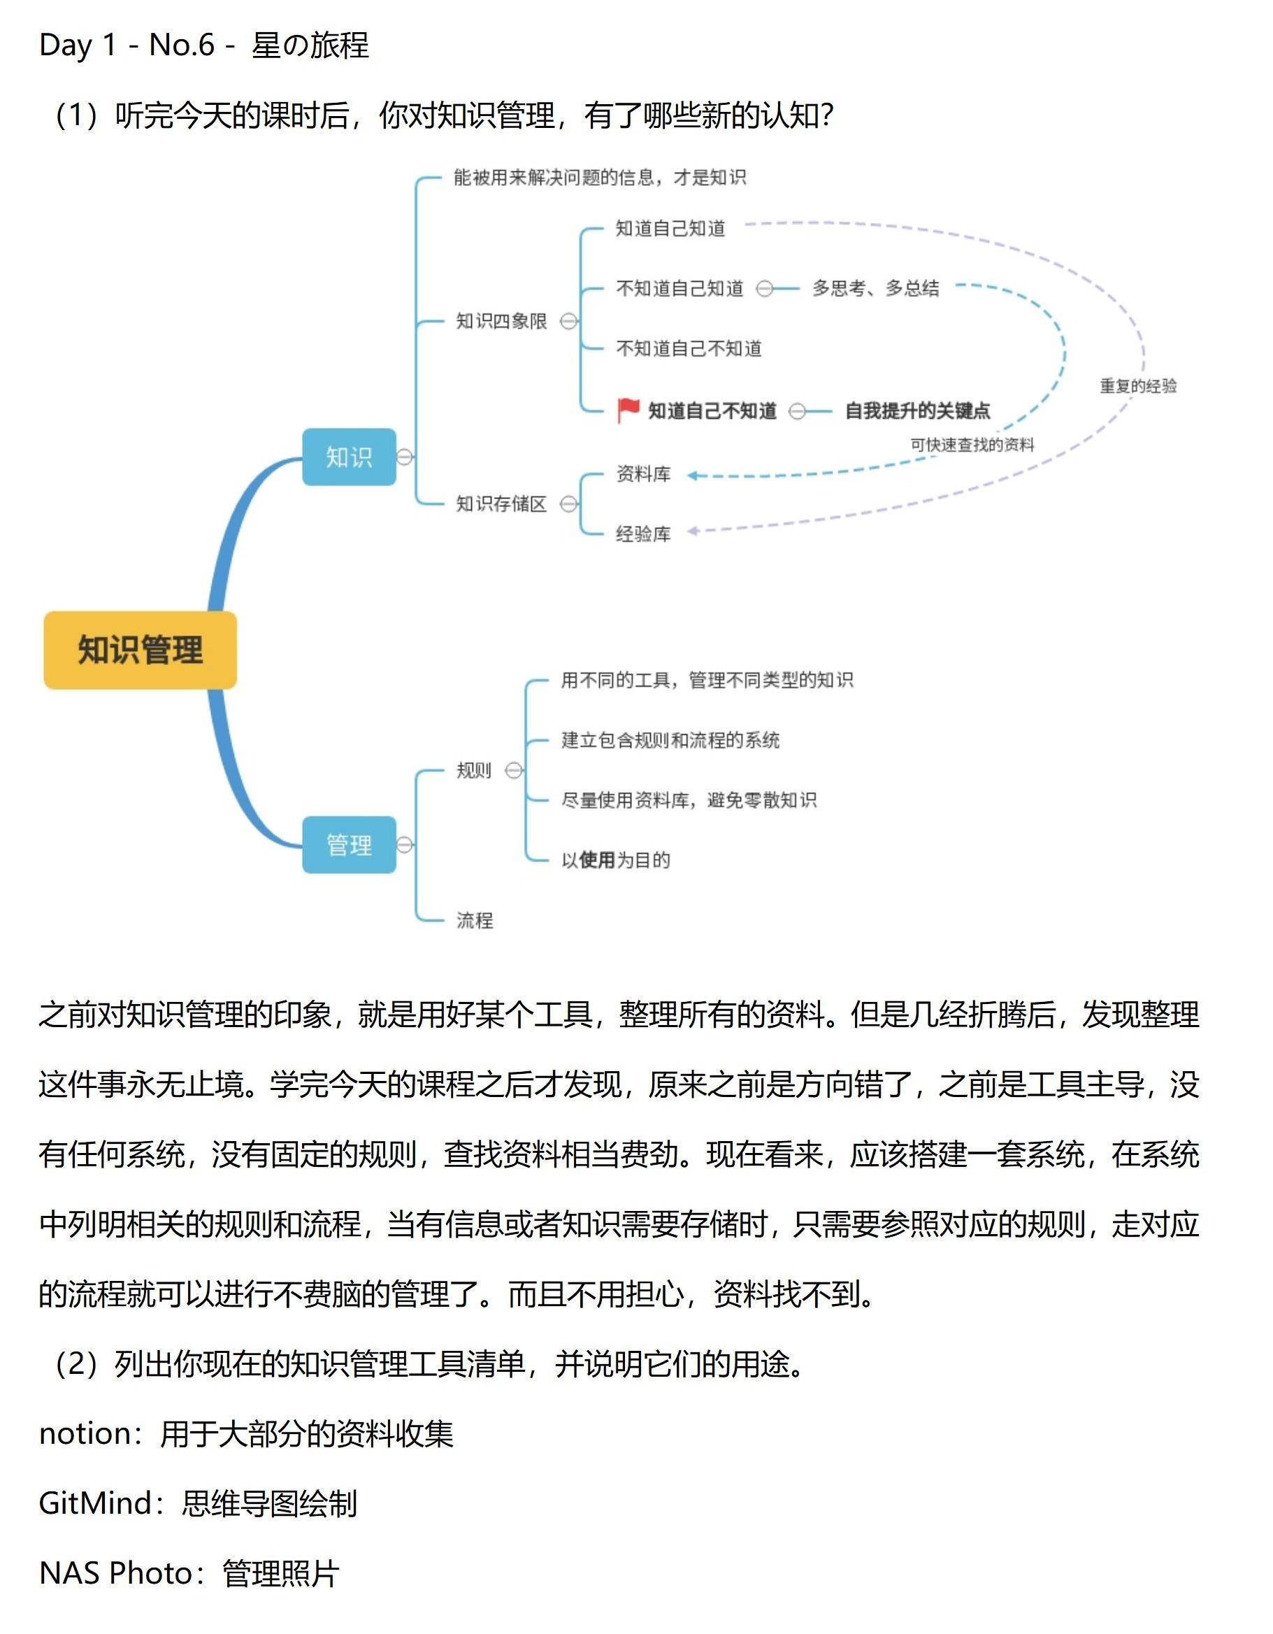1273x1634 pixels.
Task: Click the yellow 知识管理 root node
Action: [x=141, y=650]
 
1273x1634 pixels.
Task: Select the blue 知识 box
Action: [x=350, y=457]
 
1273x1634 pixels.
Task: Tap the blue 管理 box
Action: [x=350, y=845]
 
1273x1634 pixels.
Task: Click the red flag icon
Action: [x=628, y=410]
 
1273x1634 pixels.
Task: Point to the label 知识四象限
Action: [x=502, y=321]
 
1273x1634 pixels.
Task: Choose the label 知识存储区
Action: [x=502, y=503]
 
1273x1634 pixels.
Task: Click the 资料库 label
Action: [x=643, y=473]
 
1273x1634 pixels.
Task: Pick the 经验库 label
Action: [x=643, y=533]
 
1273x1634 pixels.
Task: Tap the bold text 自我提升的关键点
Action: [x=918, y=410]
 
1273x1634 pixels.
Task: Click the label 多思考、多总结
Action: [x=876, y=288]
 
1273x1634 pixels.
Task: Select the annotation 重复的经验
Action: [x=1138, y=386]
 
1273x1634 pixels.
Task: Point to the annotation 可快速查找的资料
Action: [x=972, y=445]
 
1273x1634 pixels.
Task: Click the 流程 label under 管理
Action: [x=475, y=920]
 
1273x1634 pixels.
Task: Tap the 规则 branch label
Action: [x=474, y=770]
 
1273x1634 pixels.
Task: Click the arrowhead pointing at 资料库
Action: [x=693, y=475]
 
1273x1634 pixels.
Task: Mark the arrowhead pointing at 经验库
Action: [x=693, y=531]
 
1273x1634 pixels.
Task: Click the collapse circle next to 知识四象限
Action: [x=569, y=321]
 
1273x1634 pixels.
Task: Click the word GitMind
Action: [x=95, y=1503]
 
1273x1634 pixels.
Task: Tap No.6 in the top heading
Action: [x=182, y=45]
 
